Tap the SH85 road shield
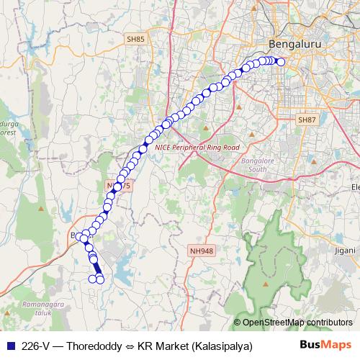pos(135,39)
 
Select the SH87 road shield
pos(307,119)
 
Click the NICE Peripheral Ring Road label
pos(197,147)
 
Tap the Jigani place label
pos(345,251)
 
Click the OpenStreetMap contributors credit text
pos(297,322)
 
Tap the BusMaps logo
pos(325,346)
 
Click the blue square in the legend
pos(9,346)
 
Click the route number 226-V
pos(37,346)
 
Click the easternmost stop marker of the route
pos(282,62)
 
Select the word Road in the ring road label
pos(229,147)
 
